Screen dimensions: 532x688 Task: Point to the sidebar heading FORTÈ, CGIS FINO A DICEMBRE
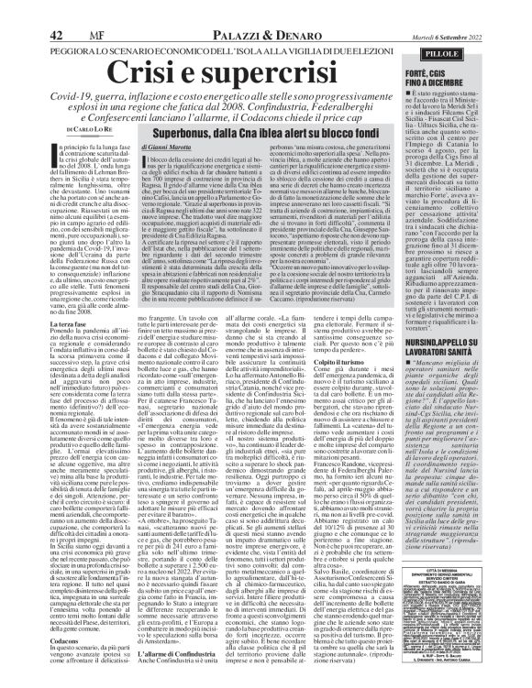(x=478, y=55)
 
